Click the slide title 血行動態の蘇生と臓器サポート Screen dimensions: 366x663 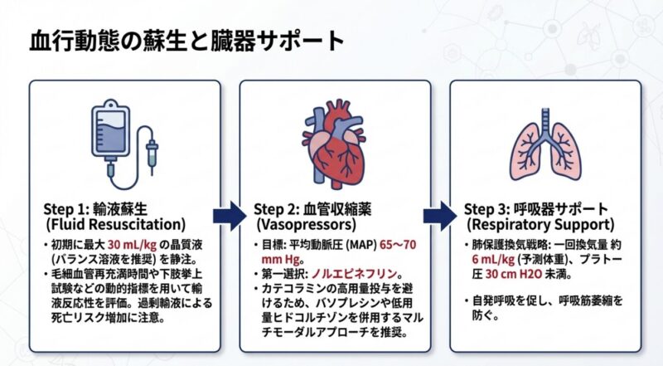[186, 41]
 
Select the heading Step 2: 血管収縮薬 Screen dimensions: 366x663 [314, 208]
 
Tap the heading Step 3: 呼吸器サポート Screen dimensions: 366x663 [536, 208]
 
